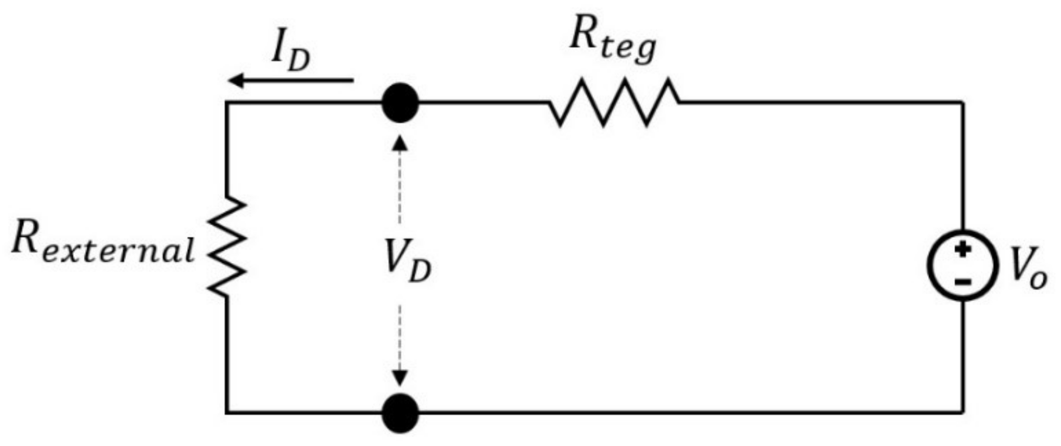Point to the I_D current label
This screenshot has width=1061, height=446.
(290, 54)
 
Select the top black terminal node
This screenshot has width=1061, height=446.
(400, 103)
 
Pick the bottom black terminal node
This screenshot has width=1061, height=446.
(400, 412)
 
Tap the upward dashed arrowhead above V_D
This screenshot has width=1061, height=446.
(400, 143)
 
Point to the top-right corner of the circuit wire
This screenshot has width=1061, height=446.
(963, 103)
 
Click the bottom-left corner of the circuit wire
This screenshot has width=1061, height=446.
(227, 412)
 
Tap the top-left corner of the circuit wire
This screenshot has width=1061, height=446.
(227, 103)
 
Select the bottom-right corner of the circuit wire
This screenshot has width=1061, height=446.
(963, 411)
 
